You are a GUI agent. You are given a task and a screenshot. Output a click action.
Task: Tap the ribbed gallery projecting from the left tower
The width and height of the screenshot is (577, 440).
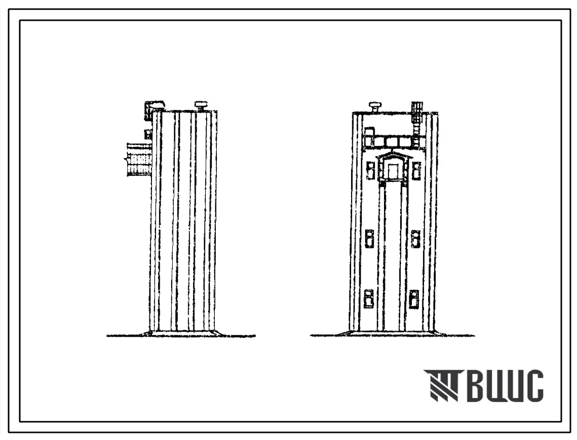coord(139,159)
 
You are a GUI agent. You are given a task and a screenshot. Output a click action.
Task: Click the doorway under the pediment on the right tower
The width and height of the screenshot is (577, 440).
coord(393,171)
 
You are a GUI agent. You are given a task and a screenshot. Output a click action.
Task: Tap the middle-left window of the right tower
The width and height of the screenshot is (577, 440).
coord(369,238)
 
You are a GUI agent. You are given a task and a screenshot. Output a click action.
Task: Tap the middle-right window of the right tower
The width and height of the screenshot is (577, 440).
coord(415,239)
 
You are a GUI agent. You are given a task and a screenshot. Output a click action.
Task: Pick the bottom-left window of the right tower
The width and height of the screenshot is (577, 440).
coord(368,298)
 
